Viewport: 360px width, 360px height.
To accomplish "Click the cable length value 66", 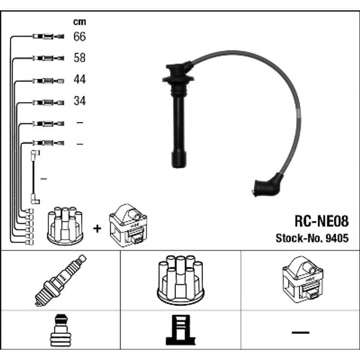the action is (x=80, y=36).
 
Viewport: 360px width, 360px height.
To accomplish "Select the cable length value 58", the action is (x=80, y=58).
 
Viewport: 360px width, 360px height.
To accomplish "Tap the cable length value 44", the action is (x=80, y=79).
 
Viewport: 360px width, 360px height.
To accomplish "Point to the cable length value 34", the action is (x=80, y=101).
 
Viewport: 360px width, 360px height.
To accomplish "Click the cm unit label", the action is (x=80, y=22).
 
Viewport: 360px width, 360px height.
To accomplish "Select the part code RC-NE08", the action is (x=321, y=221).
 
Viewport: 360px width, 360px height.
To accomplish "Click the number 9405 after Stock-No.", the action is (x=337, y=238).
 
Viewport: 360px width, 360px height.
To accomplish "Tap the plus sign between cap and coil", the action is (x=97, y=229).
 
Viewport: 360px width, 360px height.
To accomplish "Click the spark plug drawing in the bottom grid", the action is (x=61, y=280).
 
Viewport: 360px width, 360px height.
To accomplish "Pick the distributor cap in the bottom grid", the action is (x=180, y=280).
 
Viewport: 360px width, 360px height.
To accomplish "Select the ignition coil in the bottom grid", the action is (x=302, y=279).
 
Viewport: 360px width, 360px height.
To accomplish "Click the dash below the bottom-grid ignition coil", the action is (x=300, y=332).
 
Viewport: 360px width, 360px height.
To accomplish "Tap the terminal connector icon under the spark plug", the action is (x=61, y=330).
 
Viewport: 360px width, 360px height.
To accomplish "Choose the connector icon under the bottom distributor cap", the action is (x=180, y=330).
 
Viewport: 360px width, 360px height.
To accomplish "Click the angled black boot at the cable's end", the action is (x=267, y=185).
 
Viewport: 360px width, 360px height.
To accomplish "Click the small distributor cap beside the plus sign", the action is (x=65, y=226).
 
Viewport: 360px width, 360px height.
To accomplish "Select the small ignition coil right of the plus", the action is (x=128, y=225).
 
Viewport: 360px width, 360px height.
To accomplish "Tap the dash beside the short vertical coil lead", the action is (x=44, y=179).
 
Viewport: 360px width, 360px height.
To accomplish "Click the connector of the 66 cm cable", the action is (x=48, y=36).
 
